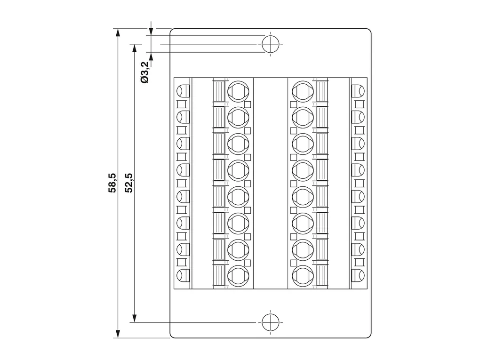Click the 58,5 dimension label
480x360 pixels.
[x=112, y=183]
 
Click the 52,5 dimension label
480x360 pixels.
[x=129, y=183]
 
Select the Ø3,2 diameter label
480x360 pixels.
[x=144, y=72]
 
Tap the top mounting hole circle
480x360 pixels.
[x=271, y=44]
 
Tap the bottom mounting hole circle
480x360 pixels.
[x=271, y=322]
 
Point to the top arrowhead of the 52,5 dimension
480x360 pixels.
[x=134, y=48]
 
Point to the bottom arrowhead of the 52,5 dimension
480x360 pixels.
[x=134, y=318]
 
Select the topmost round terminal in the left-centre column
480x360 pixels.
[x=238, y=91]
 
